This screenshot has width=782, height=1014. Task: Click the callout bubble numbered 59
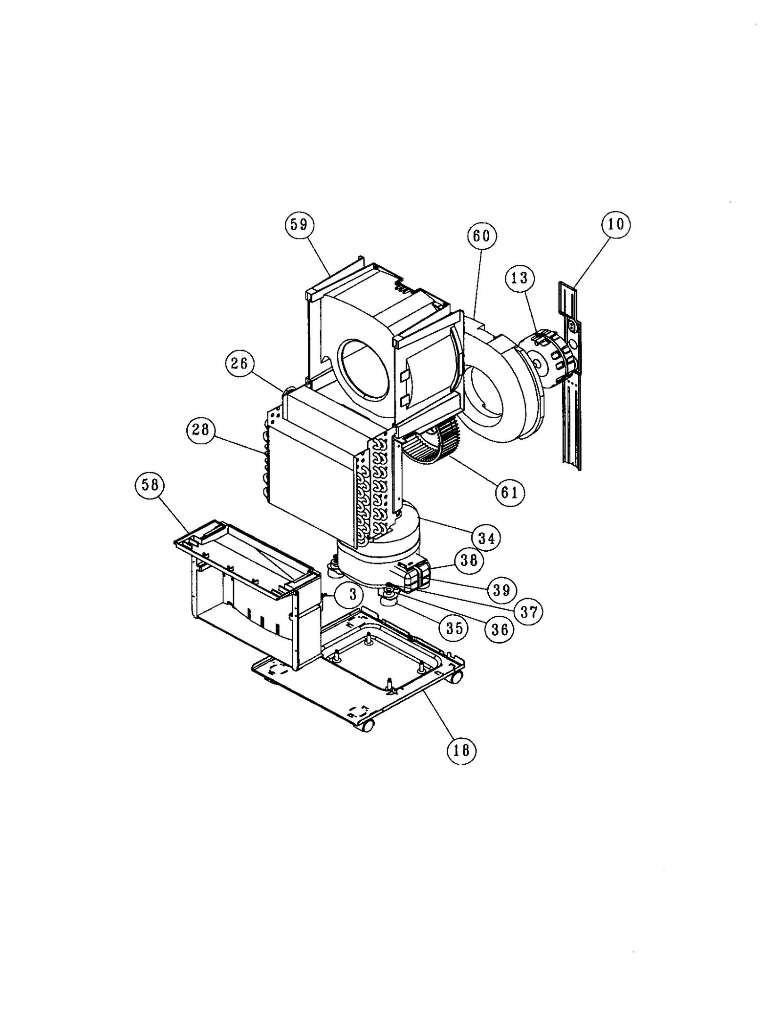point(299,224)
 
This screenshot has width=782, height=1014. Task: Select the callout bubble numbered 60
point(481,236)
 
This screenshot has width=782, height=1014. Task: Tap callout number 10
point(616,224)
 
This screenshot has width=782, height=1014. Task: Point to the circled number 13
point(520,278)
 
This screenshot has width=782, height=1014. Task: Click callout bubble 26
point(239,365)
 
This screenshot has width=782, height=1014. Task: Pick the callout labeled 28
point(200,430)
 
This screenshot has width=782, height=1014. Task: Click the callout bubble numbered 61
point(509,492)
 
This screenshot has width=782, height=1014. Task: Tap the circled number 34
point(486,539)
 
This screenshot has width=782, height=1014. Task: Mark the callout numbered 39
point(501,590)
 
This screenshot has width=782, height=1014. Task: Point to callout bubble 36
point(500,629)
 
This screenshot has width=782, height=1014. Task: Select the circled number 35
point(454,627)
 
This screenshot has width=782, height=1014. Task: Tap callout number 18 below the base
point(461,750)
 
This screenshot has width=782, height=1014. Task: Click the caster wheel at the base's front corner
point(367,726)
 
